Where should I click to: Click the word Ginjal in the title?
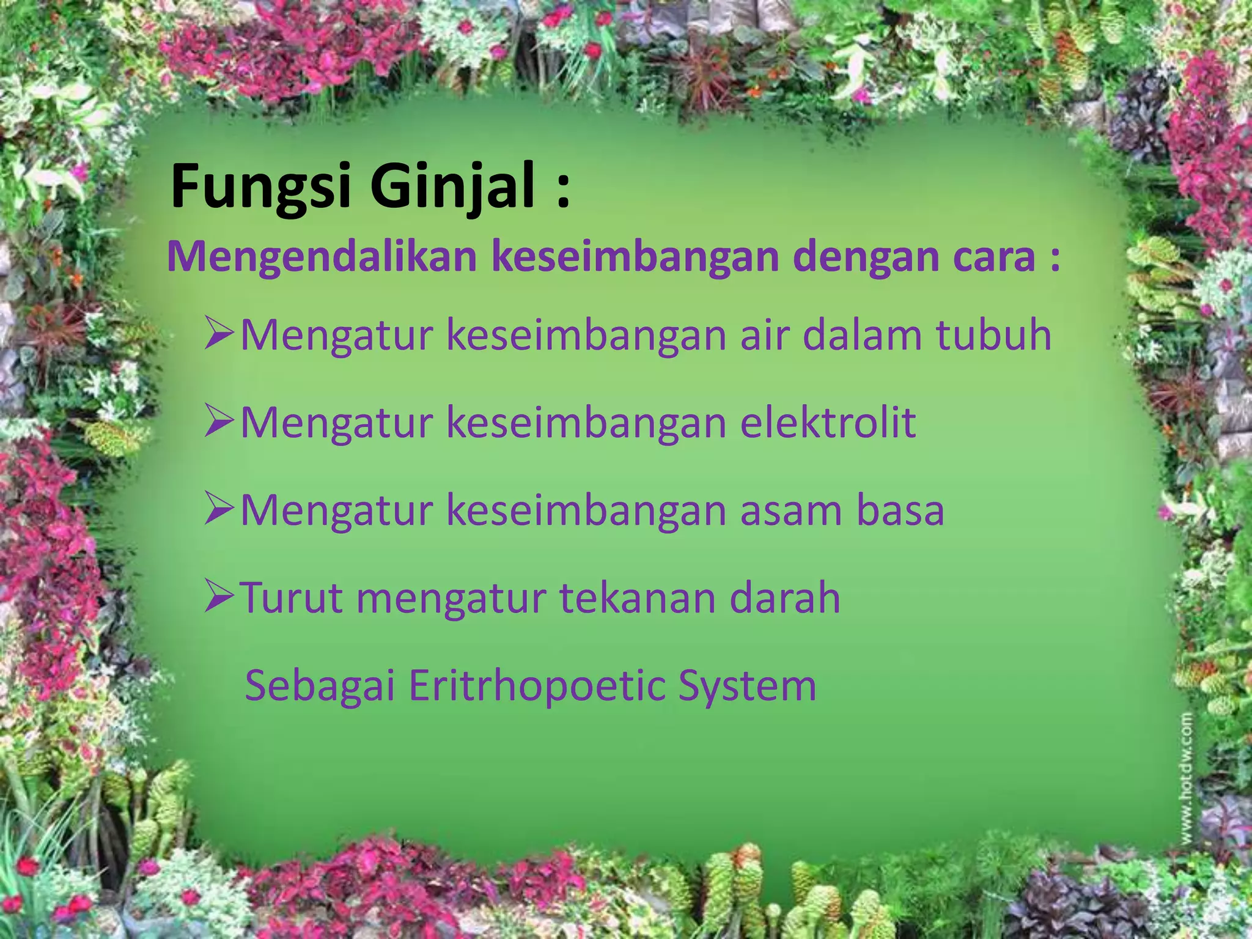click(x=453, y=186)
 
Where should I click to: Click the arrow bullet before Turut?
click(x=219, y=596)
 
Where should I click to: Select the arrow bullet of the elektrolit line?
click(x=219, y=422)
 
